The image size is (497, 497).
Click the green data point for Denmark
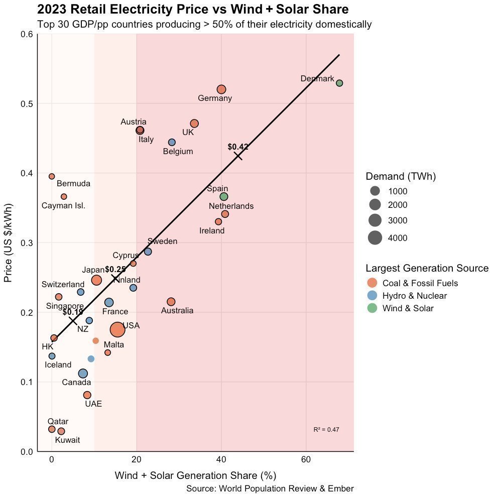click(339, 83)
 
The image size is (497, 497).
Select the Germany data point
click(221, 89)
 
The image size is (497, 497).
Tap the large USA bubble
click(117, 330)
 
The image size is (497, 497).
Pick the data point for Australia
click(171, 302)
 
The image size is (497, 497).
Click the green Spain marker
click(224, 196)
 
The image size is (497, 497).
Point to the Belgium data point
click(172, 143)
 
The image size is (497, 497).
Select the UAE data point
click(87, 395)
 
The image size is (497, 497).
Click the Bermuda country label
click(73, 184)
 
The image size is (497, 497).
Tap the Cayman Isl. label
click(63, 206)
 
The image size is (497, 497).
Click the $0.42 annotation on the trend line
click(238, 147)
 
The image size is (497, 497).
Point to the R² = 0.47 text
click(326, 430)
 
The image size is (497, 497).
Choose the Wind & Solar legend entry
click(408, 308)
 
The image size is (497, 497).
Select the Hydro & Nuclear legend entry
click(414, 296)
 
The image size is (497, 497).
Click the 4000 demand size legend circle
click(375, 238)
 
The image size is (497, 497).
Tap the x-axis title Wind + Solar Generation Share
click(196, 475)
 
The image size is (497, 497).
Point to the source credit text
click(270, 489)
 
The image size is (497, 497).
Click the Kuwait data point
click(61, 431)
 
